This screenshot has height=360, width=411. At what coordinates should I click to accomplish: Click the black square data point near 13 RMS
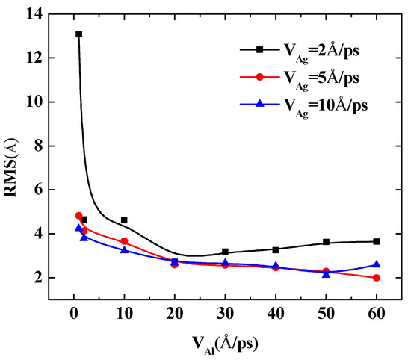(x=78, y=34)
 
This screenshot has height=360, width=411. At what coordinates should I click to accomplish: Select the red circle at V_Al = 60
(x=376, y=278)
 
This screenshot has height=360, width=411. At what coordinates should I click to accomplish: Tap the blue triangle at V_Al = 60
(x=376, y=264)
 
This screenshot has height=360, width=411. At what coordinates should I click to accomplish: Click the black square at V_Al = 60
(x=376, y=241)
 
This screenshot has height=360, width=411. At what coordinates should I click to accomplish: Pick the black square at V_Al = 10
(x=124, y=220)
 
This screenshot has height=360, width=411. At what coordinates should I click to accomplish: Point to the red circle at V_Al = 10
(x=124, y=241)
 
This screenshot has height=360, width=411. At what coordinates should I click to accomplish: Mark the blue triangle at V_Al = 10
(x=124, y=249)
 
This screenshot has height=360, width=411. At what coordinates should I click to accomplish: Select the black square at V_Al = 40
(x=276, y=249)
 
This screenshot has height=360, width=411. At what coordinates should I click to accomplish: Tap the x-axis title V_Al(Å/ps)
(x=225, y=343)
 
